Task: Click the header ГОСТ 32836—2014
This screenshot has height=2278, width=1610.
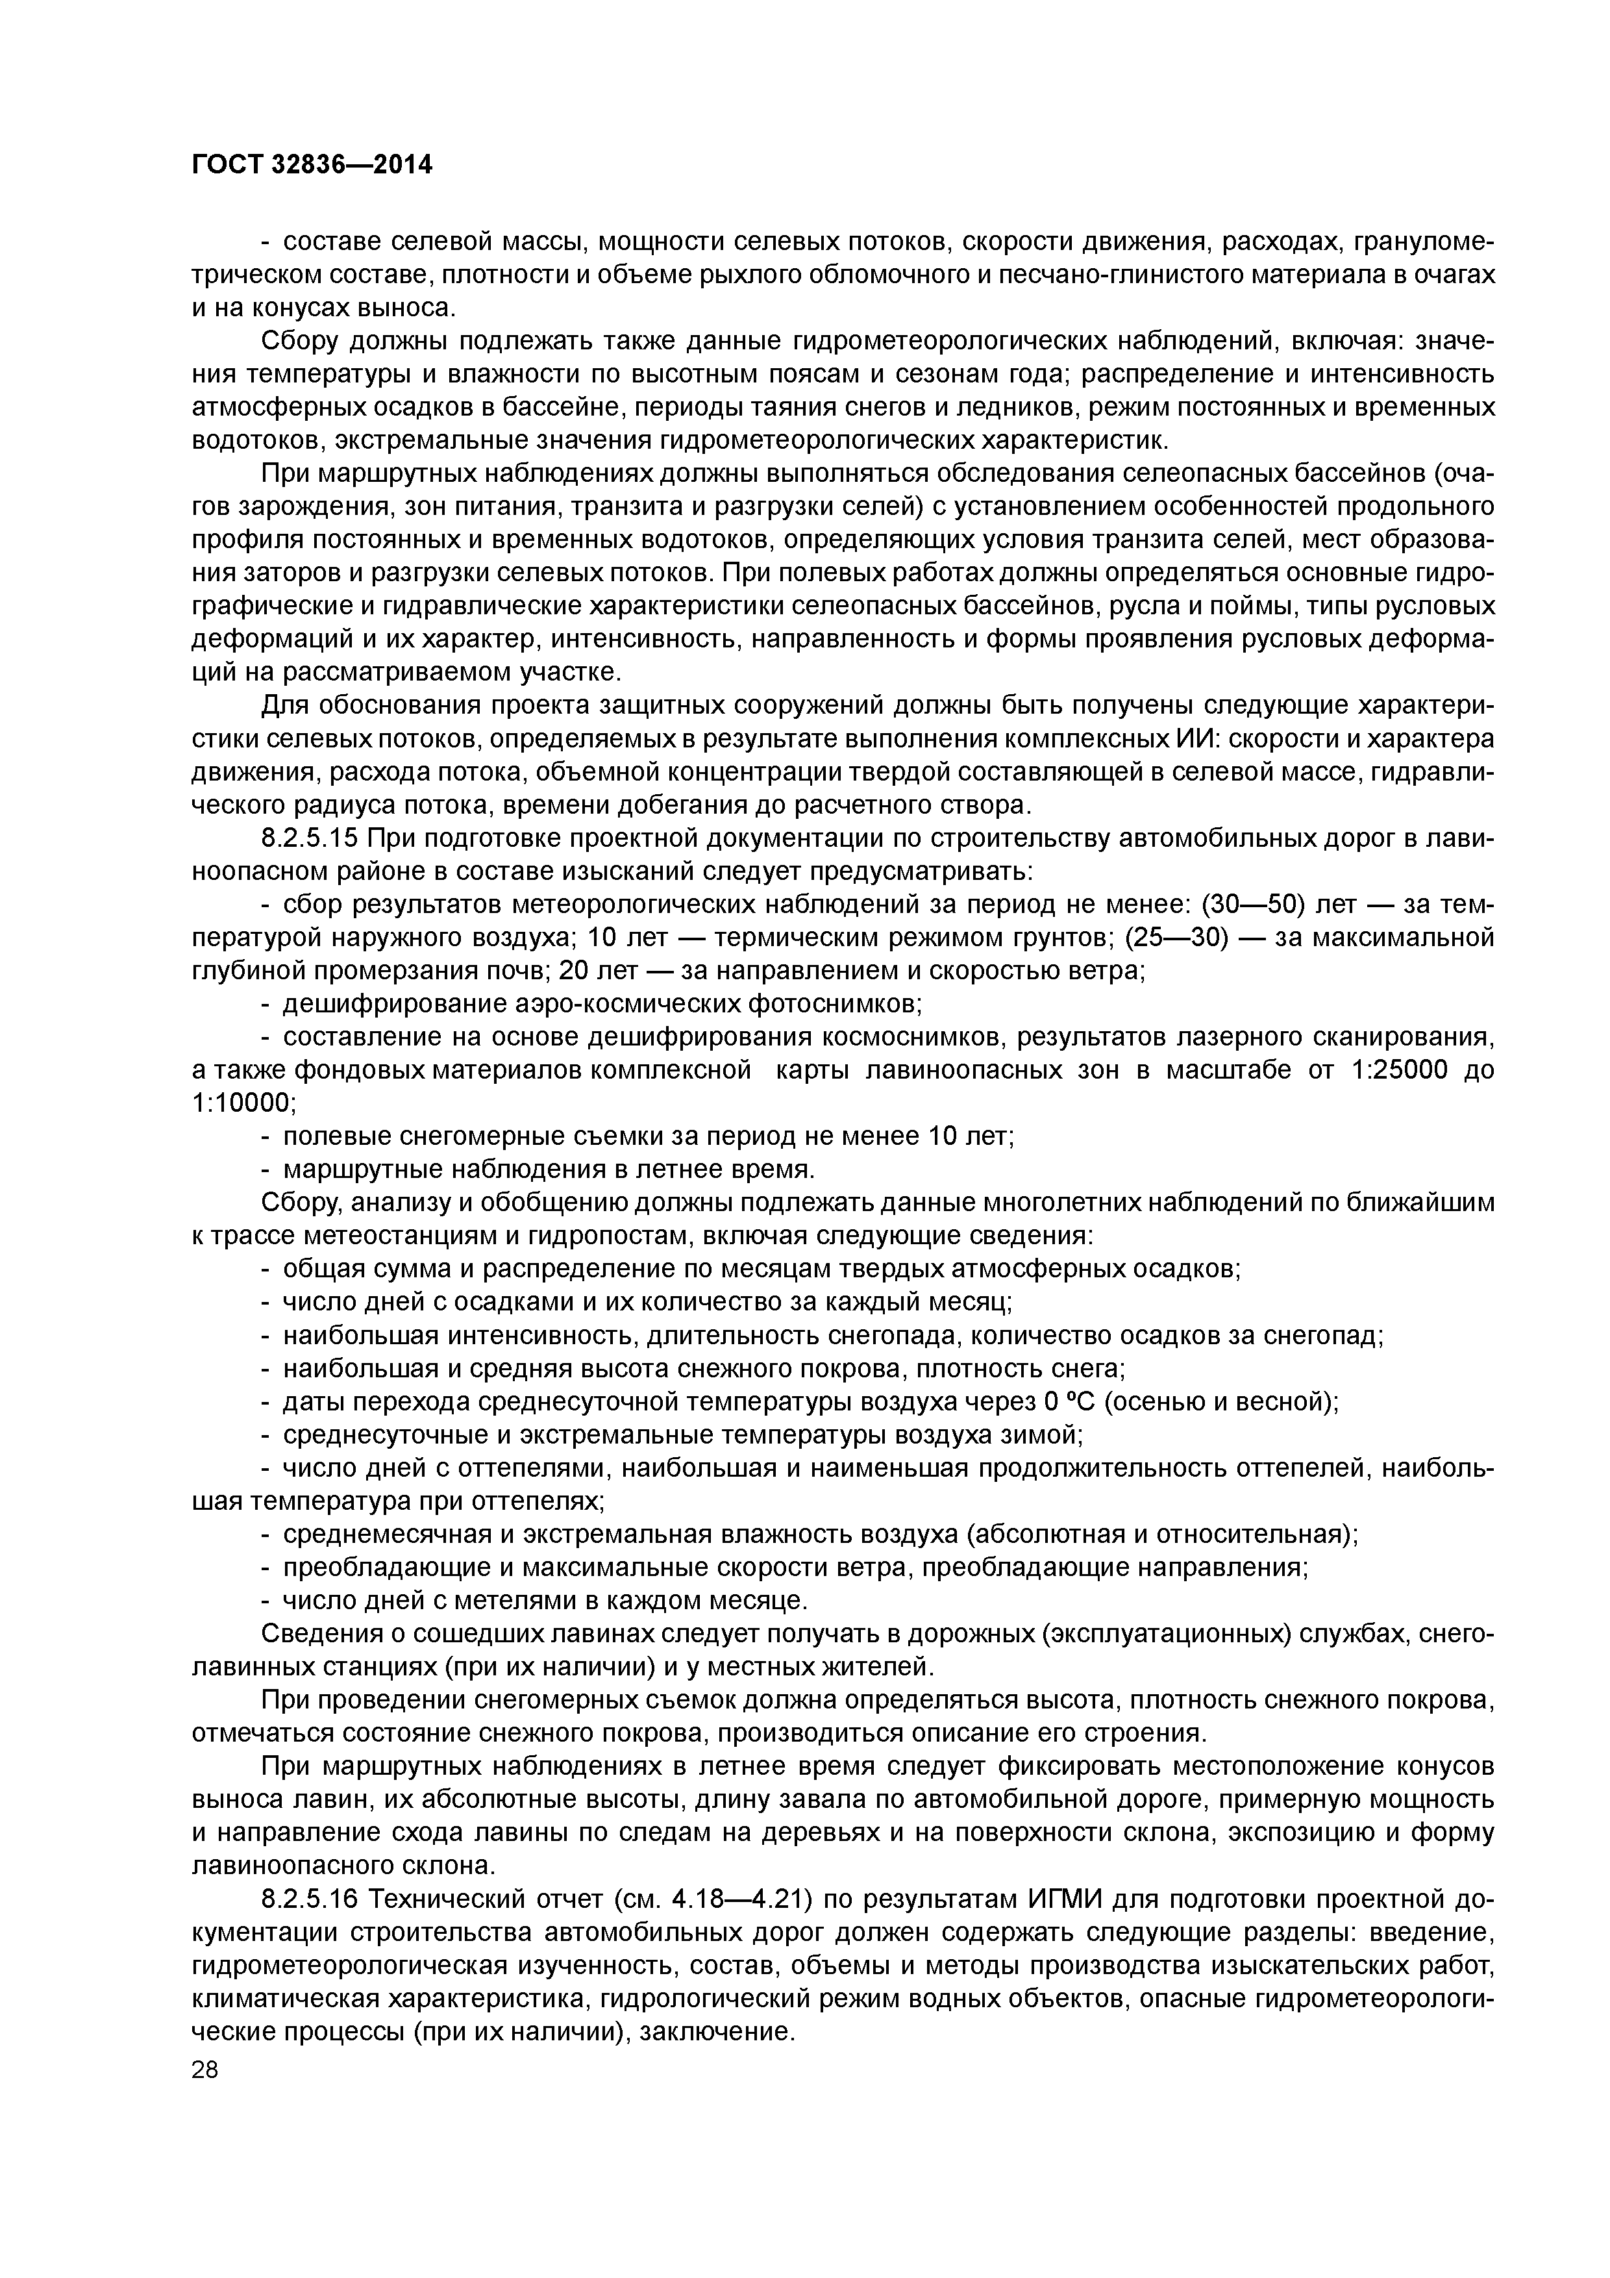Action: coord(312,165)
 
